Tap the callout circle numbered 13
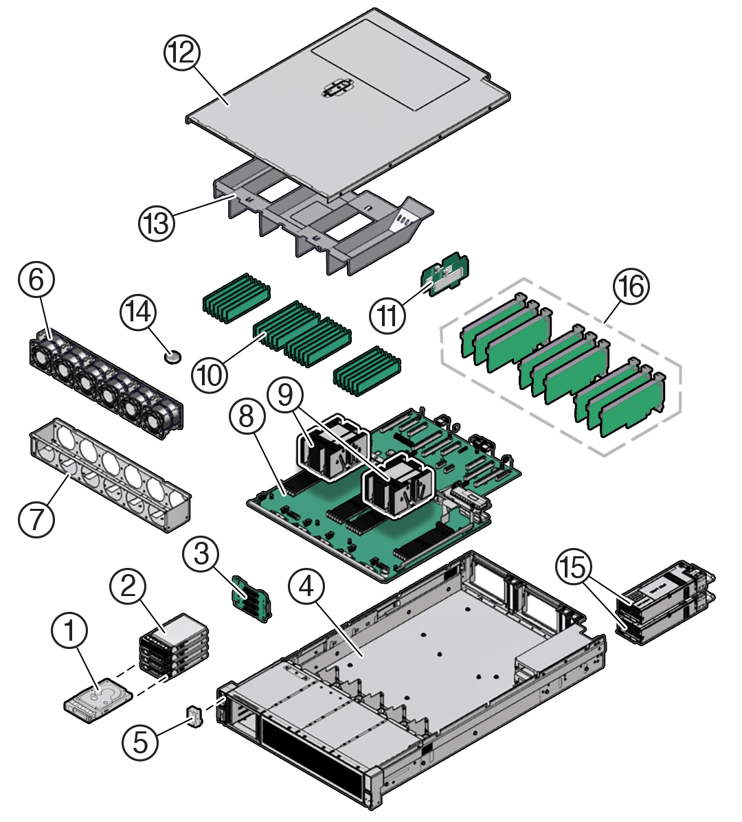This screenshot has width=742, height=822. (x=157, y=222)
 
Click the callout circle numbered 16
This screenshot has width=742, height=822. (x=631, y=286)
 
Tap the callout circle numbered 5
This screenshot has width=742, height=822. (x=141, y=742)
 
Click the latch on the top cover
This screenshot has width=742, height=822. (x=335, y=90)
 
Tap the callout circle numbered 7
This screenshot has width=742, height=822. (x=36, y=518)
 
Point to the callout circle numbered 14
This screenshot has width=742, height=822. (x=138, y=312)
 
